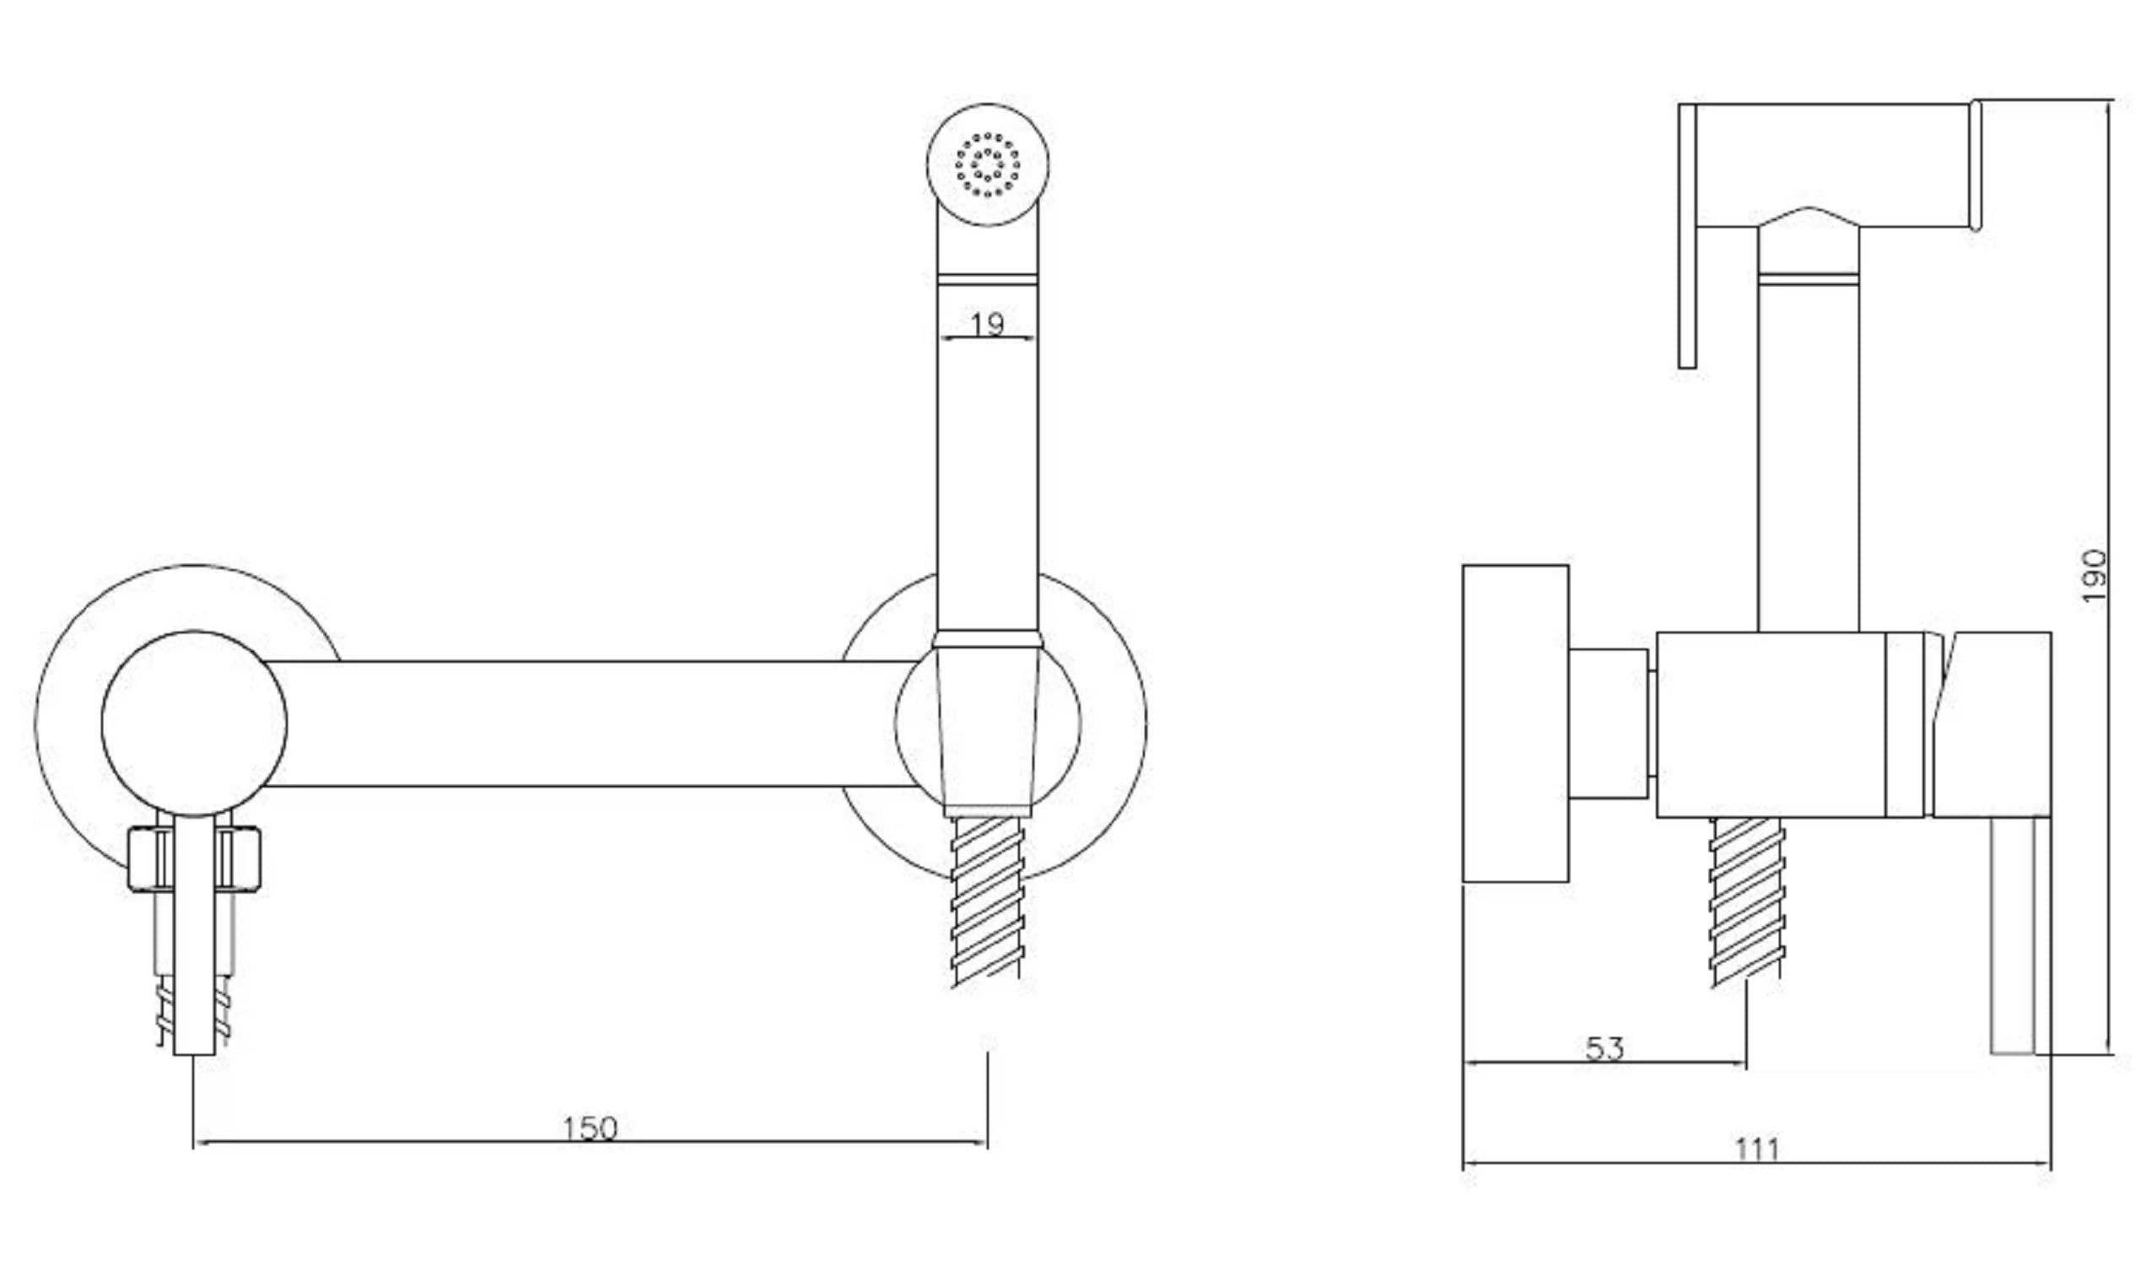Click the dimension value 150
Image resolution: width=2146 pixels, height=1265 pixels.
coord(589,1128)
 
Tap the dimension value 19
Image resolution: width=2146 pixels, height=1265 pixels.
coord(987,323)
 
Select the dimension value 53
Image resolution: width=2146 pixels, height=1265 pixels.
coord(1604,1048)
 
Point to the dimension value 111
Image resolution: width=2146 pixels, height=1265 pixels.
coord(1757,1150)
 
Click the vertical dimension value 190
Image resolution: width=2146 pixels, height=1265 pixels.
coord(2093,575)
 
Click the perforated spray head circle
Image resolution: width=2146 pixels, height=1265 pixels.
coord(987,164)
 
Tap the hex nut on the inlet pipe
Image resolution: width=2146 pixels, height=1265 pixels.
coord(194,859)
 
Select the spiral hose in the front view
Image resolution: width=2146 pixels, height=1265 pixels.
coord(987,901)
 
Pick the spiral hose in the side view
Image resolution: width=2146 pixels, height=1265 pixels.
coord(1747,901)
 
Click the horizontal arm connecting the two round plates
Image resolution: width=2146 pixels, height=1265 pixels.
coord(588,723)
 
